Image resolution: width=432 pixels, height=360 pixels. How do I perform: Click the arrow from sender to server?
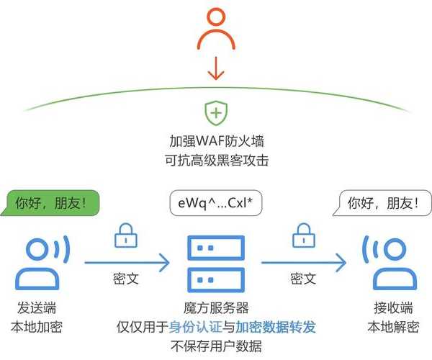pos(127,262)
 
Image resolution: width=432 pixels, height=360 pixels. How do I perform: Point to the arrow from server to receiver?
pos(302,262)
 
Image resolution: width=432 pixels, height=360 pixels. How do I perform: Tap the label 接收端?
pos(390,307)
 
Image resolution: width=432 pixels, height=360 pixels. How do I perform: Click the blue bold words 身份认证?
pos(192,327)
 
